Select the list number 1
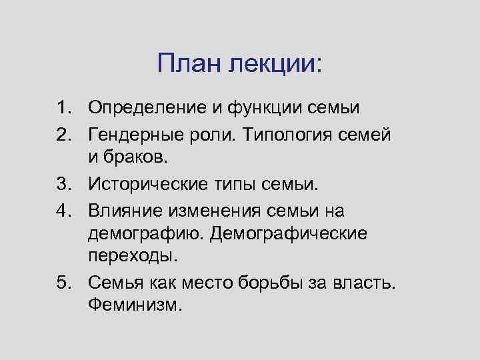point(63,107)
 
